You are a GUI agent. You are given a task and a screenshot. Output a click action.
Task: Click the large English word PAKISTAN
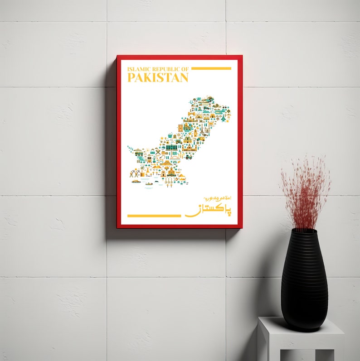pyautogui.click(x=158, y=77)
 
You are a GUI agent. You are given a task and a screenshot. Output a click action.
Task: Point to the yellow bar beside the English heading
pyautogui.click(x=211, y=68)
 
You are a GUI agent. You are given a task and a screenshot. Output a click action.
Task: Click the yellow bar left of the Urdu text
pyautogui.click(x=154, y=216)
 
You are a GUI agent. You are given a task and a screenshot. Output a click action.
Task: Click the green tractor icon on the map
pyautogui.click(x=188, y=157)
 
